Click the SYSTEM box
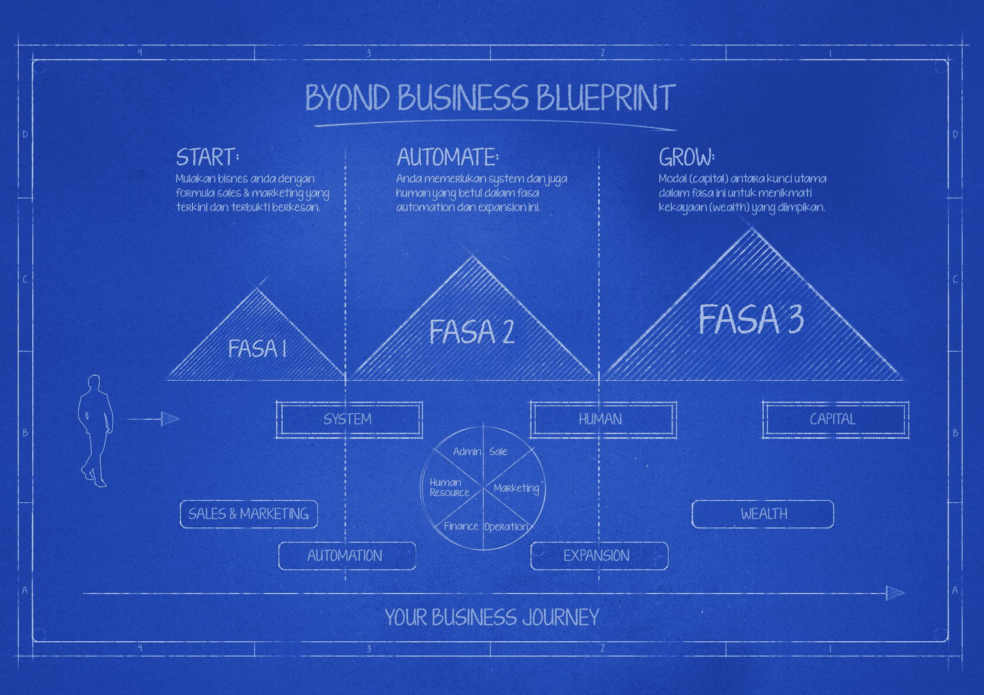[x=349, y=419]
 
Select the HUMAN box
[x=603, y=419]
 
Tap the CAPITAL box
[x=835, y=419]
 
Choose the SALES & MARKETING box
[x=249, y=513]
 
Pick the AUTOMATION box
[x=347, y=556]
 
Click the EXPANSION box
[x=599, y=556]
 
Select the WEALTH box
[x=762, y=513]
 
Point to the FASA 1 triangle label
[x=257, y=349]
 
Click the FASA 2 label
[x=472, y=332]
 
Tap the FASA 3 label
[x=751, y=319]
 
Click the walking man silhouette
[x=95, y=430]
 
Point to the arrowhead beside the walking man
[x=171, y=419]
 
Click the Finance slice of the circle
[x=461, y=526]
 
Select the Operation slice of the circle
[x=506, y=527]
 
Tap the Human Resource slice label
[x=449, y=487]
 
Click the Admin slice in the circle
[x=467, y=452]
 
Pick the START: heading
[x=207, y=157]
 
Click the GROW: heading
[x=687, y=157]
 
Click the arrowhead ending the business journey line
[x=895, y=593]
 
